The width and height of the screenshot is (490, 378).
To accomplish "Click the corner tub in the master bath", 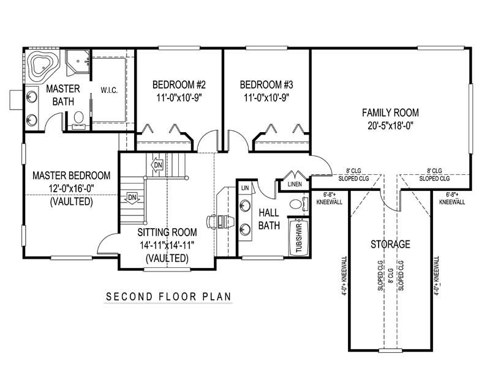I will pyautogui.click(x=43, y=65).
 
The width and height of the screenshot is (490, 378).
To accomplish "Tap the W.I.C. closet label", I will pyautogui.click(x=109, y=91).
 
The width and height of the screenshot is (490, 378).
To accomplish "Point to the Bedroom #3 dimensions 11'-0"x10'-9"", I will pyautogui.click(x=265, y=97).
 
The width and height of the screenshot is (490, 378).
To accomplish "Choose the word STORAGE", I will pyautogui.click(x=390, y=245).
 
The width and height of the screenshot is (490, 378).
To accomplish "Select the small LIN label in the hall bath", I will pyautogui.click(x=244, y=188).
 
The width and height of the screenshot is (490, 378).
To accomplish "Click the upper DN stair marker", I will pyautogui.click(x=157, y=165).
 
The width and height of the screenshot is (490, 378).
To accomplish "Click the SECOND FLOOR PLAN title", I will pyautogui.click(x=168, y=297).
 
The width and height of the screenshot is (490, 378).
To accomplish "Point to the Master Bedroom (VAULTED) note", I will pyautogui.click(x=71, y=201).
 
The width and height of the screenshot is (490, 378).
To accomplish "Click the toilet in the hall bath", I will pyautogui.click(x=296, y=204).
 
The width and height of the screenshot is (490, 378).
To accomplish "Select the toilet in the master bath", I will pyautogui.click(x=78, y=117).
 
